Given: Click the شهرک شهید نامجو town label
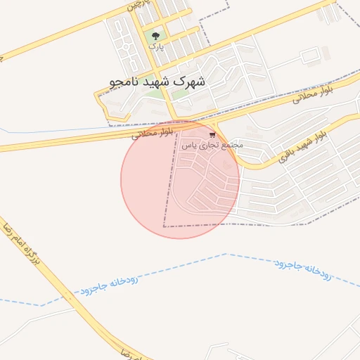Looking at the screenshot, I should (x=157, y=82).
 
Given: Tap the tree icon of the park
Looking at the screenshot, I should (x=155, y=37).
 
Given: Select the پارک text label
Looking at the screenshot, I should (x=156, y=47).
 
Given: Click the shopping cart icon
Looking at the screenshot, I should (x=212, y=134).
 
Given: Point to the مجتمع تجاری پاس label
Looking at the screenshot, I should (x=212, y=145).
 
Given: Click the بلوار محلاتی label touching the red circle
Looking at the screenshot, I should (x=150, y=132).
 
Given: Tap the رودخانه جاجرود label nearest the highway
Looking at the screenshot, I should (x=109, y=284).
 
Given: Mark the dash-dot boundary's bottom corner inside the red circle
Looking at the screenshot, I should (x=164, y=226).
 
